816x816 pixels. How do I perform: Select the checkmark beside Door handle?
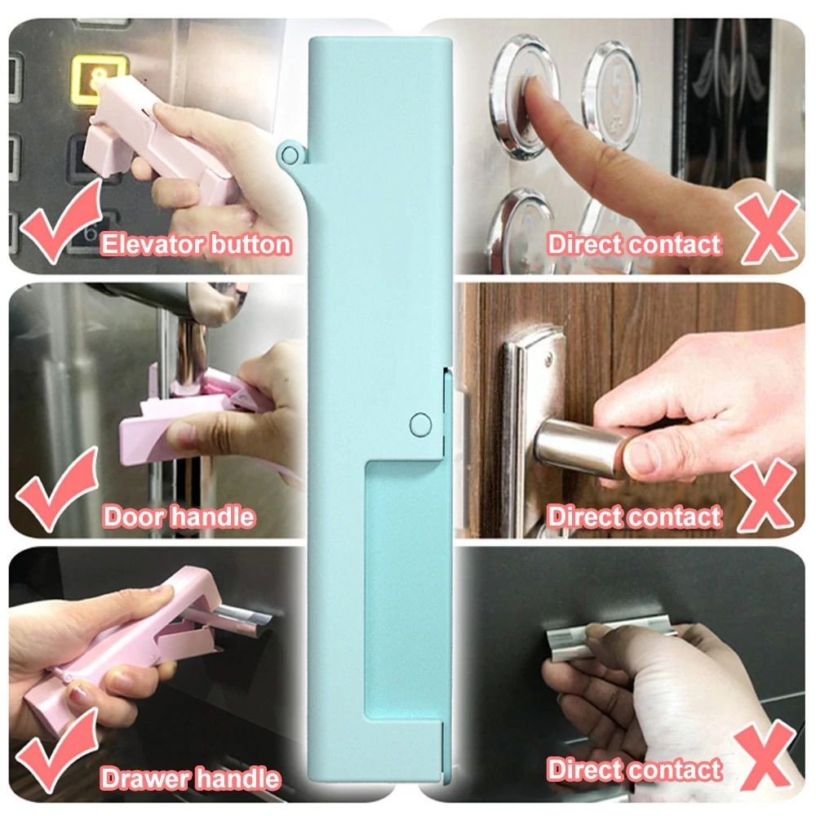pos(57,490)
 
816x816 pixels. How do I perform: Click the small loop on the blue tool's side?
pos(290,154)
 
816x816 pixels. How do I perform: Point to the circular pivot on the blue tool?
pos(420,424)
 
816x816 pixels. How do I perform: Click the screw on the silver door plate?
pos(548,359)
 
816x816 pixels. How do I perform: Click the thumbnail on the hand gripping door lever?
pos(640,458)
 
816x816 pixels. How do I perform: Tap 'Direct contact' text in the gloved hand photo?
pos(634,769)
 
